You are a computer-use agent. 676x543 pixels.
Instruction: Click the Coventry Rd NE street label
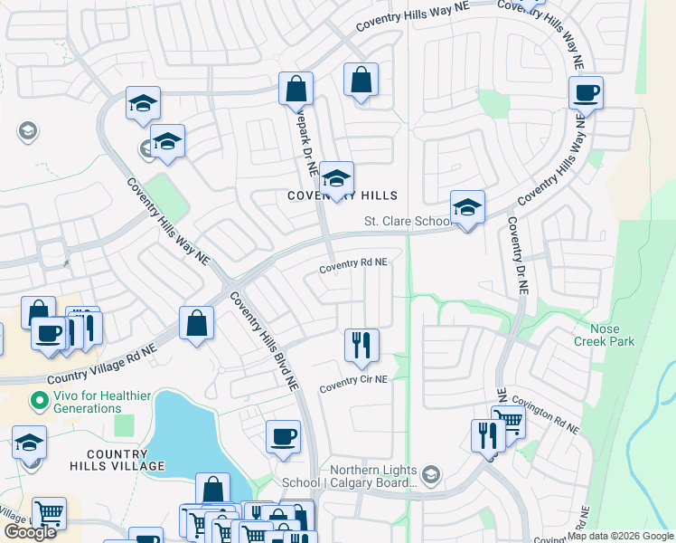[352, 262]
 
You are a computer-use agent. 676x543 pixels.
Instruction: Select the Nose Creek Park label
[605, 335]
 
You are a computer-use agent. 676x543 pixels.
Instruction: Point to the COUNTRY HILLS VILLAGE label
[126, 460]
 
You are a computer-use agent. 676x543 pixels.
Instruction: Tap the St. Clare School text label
[407, 221]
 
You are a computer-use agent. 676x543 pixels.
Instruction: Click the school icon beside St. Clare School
[467, 208]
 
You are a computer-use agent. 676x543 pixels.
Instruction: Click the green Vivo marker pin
[38, 398]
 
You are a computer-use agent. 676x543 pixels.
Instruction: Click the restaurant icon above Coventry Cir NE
[361, 345]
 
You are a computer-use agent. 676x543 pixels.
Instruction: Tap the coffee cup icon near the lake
[283, 437]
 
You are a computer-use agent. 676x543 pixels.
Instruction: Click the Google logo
[30, 532]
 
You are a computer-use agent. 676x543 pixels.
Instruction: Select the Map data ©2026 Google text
[620, 536]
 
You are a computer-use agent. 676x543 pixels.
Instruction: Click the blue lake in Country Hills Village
[181, 434]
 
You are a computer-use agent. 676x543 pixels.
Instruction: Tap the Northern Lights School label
[373, 476]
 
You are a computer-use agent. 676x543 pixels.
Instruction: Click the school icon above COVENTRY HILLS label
[336, 178]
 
